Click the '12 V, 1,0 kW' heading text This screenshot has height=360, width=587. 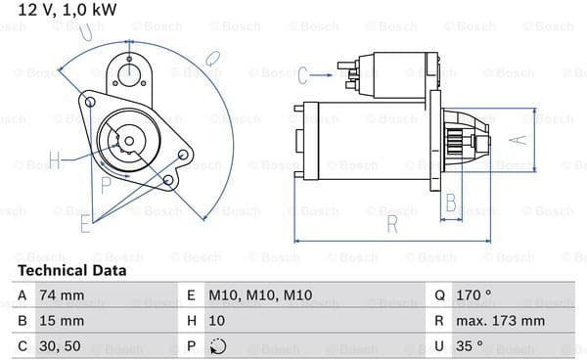click(68, 10)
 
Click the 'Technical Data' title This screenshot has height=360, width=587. click(71, 271)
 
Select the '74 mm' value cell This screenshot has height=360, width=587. click(62, 295)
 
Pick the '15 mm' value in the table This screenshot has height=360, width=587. click(62, 321)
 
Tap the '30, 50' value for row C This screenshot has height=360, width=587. click(60, 345)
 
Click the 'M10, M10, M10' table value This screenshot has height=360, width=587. click(260, 295)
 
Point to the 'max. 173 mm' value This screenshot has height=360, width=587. click(500, 321)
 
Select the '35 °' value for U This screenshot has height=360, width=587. click(470, 345)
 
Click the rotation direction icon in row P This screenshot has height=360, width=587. click(218, 346)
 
